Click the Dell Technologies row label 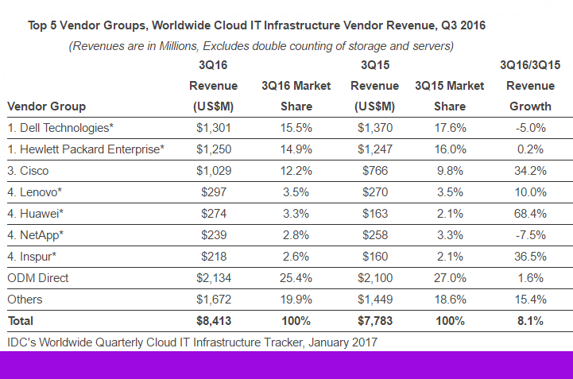pyautogui.click(x=60, y=127)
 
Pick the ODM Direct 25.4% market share pyautogui.click(x=295, y=278)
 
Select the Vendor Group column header pyautogui.click(x=46, y=106)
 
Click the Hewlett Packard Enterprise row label pyautogui.click(x=85, y=149)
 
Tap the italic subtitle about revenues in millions pyautogui.click(x=261, y=46)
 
